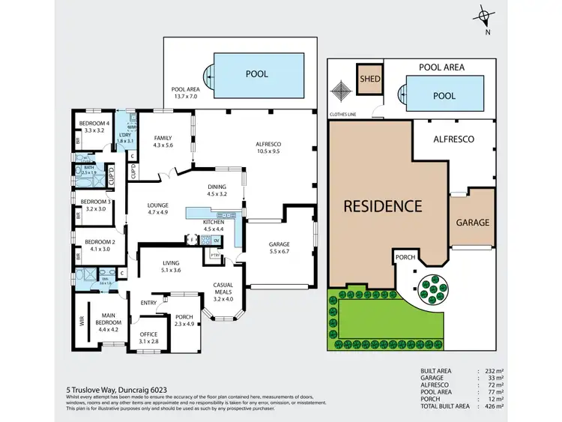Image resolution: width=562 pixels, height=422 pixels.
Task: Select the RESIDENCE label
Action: coord(383,205)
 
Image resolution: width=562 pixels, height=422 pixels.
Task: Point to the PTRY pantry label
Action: coord(216,255)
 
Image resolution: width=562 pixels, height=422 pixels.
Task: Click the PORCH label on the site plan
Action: coord(405,258)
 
